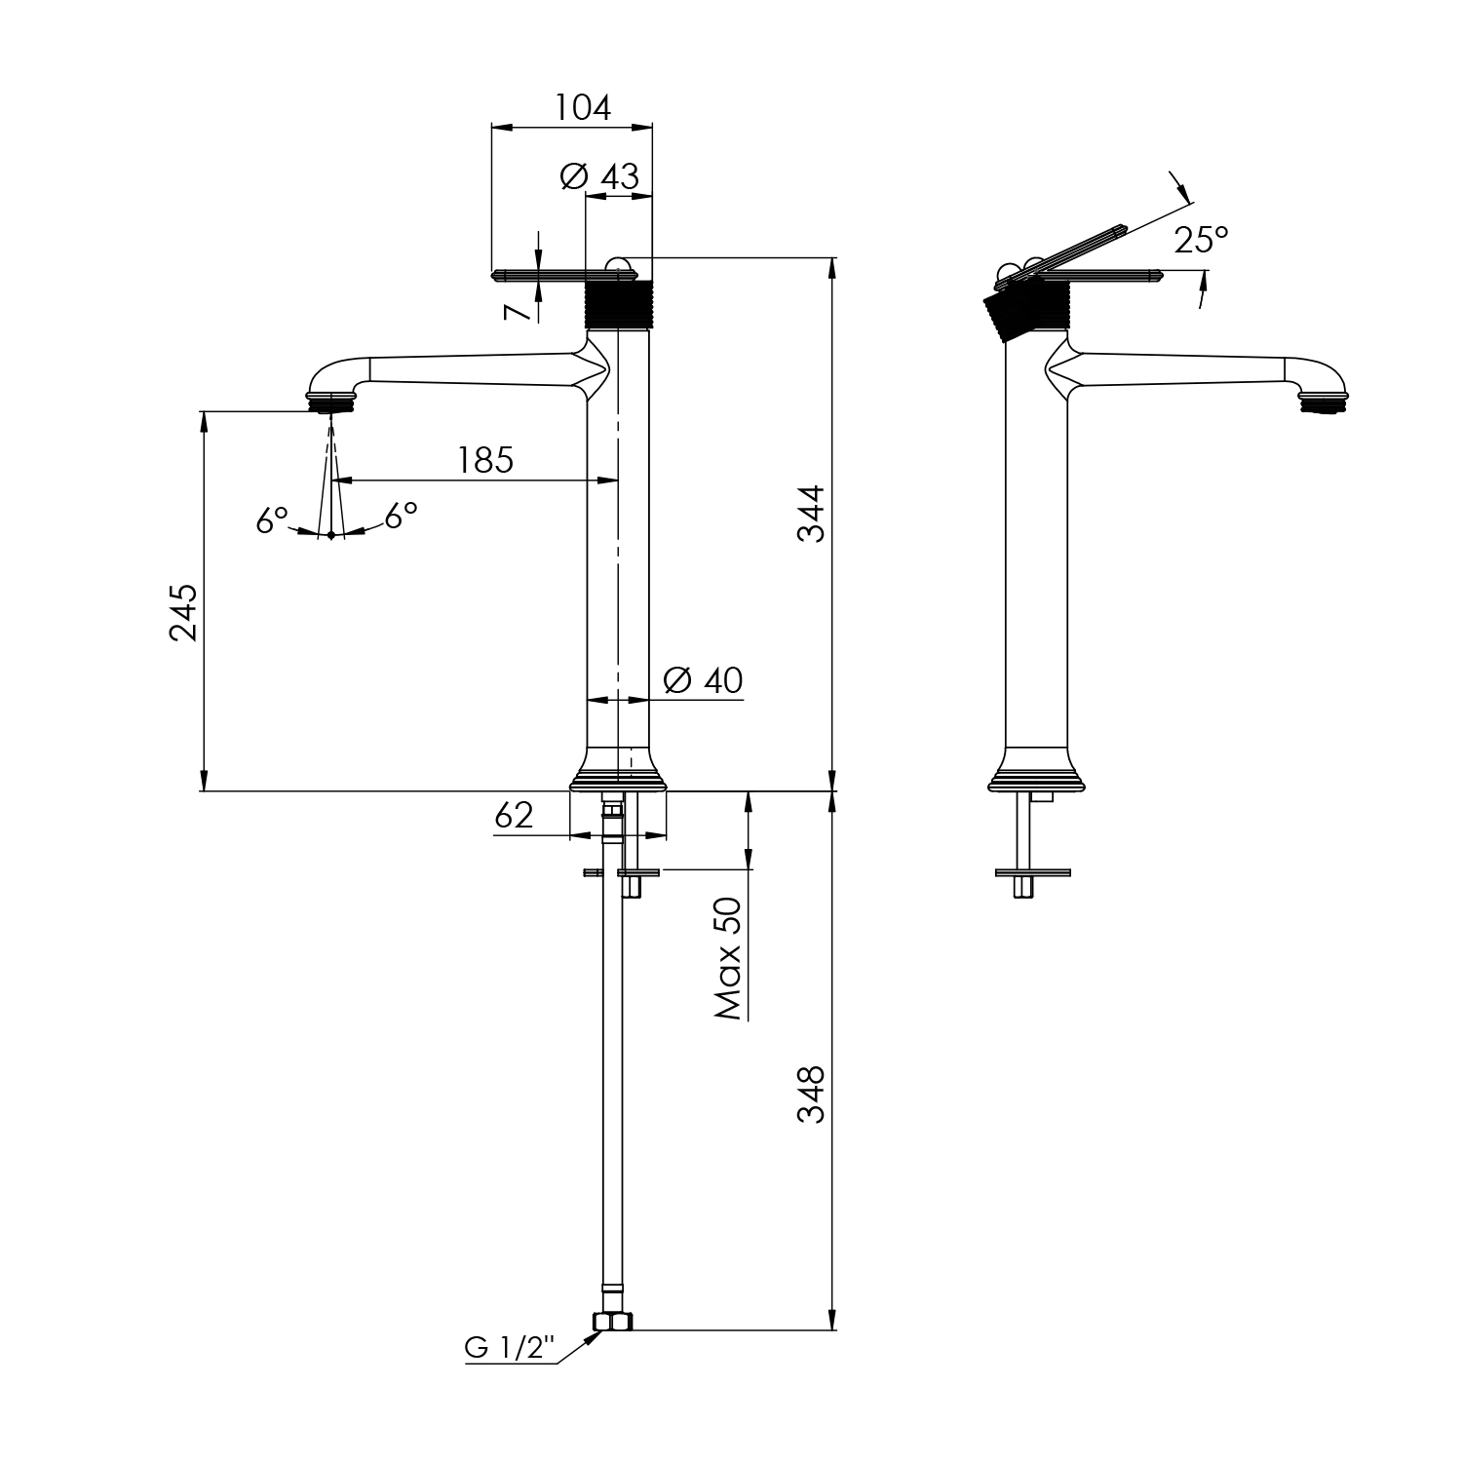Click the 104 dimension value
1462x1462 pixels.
click(x=583, y=107)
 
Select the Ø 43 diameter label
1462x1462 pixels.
click(x=599, y=176)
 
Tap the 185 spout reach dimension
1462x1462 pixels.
click(x=486, y=460)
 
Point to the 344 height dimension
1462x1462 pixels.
click(x=811, y=514)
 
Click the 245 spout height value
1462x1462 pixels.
click(x=183, y=612)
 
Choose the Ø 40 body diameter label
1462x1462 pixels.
click(x=702, y=679)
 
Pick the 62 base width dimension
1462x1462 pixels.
click(x=514, y=815)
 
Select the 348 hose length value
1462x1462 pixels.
click(x=811, y=1095)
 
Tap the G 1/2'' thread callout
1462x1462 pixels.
click(x=509, y=1348)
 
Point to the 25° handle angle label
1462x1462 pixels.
click(x=1201, y=240)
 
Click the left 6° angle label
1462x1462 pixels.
click(x=272, y=519)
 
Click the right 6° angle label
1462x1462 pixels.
click(x=401, y=515)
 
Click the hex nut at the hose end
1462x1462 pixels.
click(x=613, y=1322)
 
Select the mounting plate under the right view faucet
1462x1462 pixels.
click(x=1032, y=872)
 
